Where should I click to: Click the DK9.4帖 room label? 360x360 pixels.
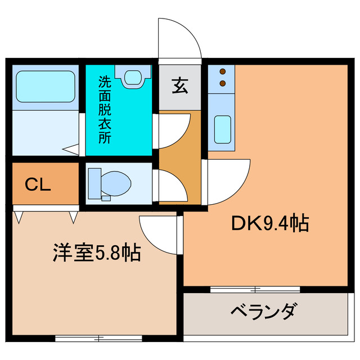(269, 223)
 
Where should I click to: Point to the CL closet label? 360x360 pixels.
(38, 184)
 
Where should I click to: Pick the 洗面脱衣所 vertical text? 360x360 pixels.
(104, 110)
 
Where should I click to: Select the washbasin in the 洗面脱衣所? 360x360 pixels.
(133, 75)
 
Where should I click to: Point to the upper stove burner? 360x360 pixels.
(223, 72)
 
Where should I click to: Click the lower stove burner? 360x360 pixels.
(223, 83)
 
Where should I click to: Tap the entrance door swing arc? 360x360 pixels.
(179, 38)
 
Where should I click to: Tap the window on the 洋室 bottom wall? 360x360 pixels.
(98, 338)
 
